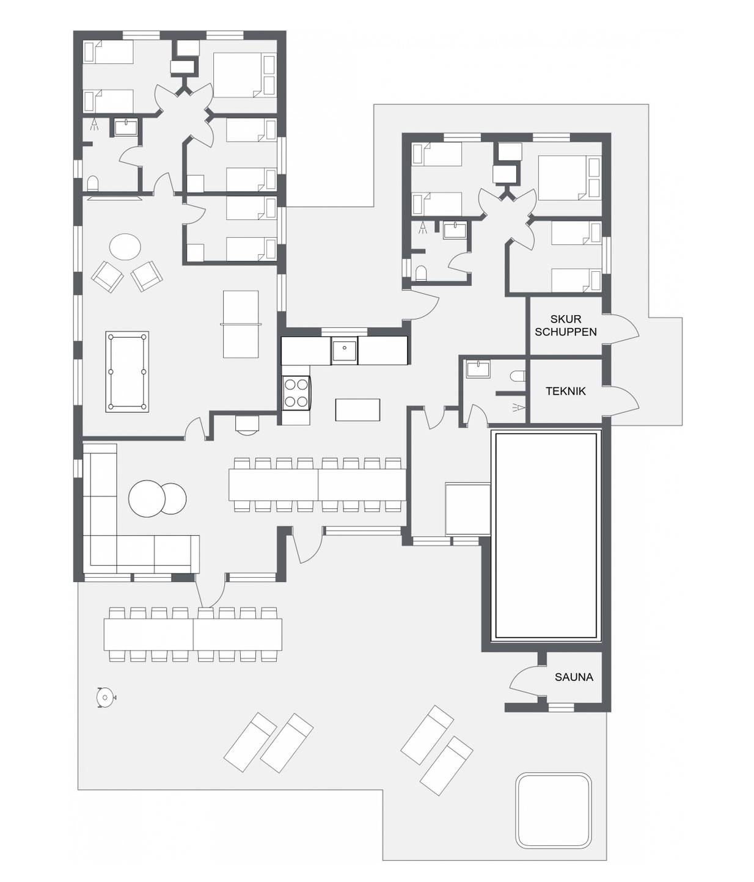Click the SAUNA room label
pos(573,677)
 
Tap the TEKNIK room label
pos(566,391)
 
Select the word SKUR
pos(566,319)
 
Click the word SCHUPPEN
pos(566,332)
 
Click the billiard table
pos(127,371)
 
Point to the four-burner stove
pos(296,393)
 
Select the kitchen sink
pos(345,351)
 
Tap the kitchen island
pos(358,410)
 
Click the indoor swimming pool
pos(546,536)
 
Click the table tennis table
pos(241,324)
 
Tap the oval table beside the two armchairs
pos(125,247)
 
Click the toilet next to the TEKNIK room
pos(518,376)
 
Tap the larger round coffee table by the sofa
pos(147,498)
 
